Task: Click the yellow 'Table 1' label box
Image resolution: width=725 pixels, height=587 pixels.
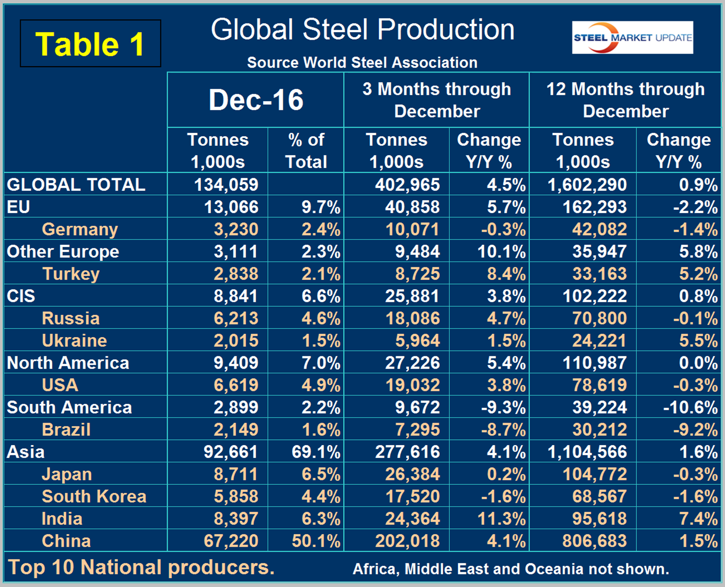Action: click(90, 44)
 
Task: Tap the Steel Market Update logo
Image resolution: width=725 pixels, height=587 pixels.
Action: click(632, 37)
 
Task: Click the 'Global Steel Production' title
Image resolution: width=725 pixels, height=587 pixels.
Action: click(362, 29)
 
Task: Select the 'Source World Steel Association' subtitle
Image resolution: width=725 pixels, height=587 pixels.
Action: click(362, 62)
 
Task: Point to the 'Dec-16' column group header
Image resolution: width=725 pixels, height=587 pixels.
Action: click(256, 100)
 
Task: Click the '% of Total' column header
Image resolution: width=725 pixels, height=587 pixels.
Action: click(306, 151)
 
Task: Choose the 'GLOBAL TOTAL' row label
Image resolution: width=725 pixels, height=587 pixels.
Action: click(76, 185)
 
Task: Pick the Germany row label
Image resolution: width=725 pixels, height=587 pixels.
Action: click(80, 229)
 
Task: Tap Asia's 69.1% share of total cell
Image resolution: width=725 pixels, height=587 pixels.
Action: click(316, 452)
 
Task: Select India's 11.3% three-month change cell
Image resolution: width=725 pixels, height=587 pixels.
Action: click(501, 519)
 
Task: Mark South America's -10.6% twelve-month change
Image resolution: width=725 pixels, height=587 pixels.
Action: click(690, 407)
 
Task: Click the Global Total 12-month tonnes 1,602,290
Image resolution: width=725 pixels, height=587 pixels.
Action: click(587, 185)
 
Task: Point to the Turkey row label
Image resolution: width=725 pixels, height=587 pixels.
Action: click(71, 274)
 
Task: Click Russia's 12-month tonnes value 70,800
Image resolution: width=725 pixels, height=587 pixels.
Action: click(599, 319)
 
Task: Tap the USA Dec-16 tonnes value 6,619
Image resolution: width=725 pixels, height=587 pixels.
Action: click(236, 385)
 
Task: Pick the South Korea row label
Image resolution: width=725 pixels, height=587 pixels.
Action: click(94, 497)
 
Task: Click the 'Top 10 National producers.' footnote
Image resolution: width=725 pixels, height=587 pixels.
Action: click(141, 568)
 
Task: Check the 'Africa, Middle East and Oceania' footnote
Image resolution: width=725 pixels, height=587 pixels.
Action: click(510, 569)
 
